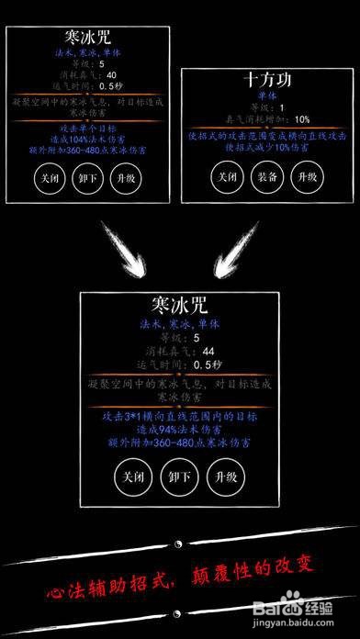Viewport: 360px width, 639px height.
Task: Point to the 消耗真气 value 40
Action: tap(111, 75)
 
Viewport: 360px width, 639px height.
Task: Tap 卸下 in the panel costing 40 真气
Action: tap(86, 178)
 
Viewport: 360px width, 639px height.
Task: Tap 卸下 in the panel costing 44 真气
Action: tap(178, 477)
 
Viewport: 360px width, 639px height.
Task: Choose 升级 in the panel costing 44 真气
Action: tap(226, 477)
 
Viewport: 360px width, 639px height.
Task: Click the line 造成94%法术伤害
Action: tap(178, 429)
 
